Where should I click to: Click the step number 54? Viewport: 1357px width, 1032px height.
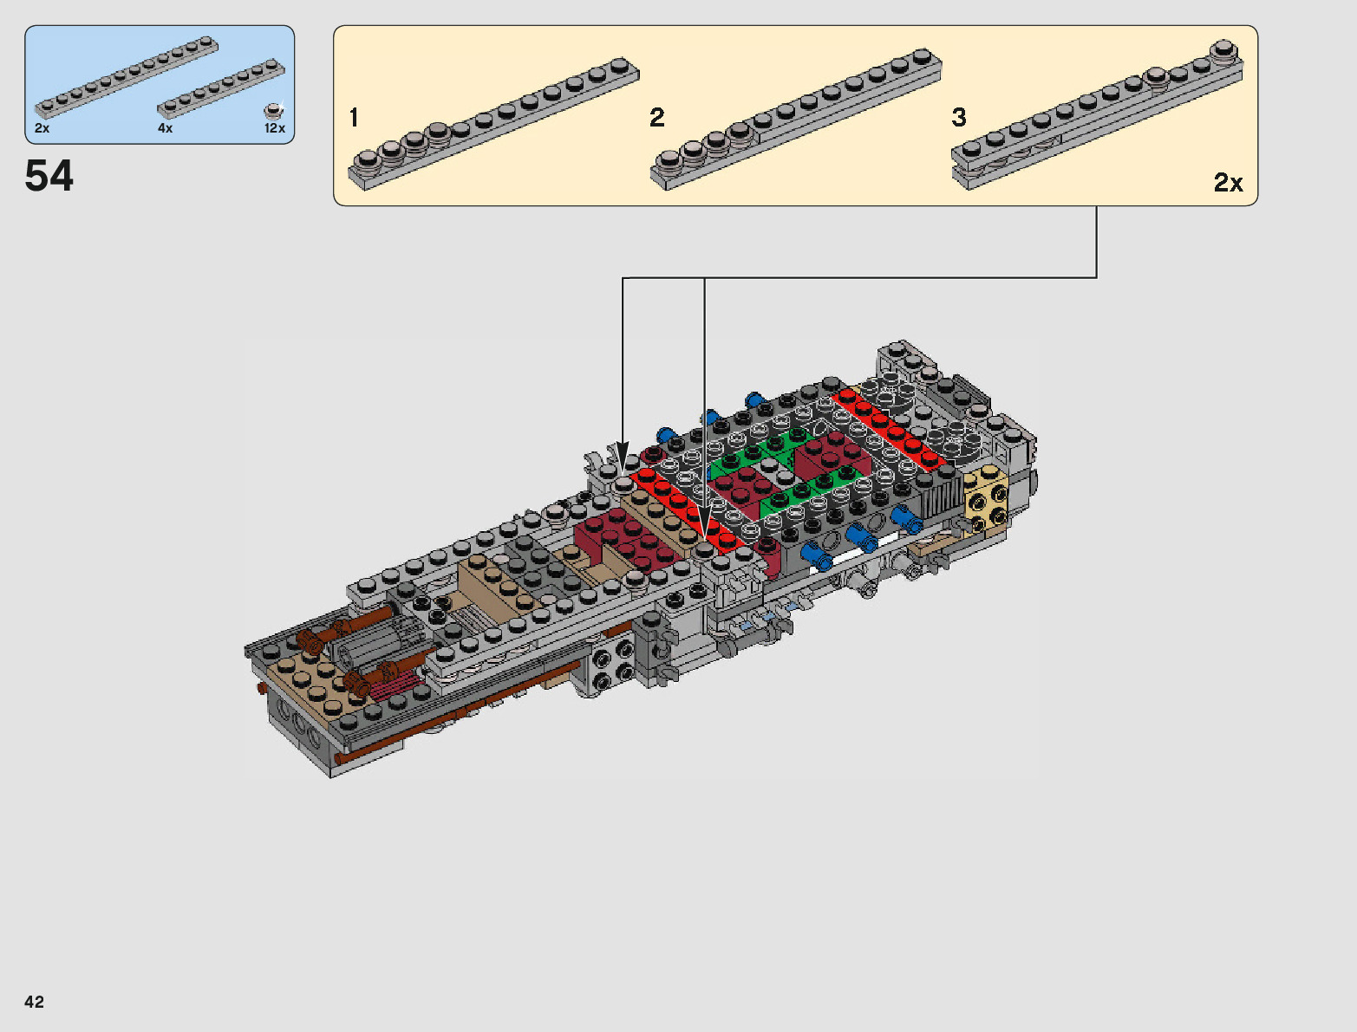pos(49,176)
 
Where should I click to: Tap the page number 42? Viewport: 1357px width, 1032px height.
pos(34,1001)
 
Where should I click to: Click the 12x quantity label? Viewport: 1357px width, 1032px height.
pos(275,128)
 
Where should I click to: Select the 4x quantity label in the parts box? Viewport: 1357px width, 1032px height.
pos(165,128)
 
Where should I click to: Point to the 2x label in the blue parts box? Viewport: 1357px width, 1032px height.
pos(42,128)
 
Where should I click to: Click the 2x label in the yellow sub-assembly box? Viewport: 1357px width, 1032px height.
pos(1228,183)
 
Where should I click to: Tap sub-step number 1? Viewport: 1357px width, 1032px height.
pos(354,117)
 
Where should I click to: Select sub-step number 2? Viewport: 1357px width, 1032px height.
pos(656,117)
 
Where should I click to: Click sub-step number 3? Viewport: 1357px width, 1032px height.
pos(959,117)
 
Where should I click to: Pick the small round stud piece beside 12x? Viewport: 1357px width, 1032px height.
pos(272,111)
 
